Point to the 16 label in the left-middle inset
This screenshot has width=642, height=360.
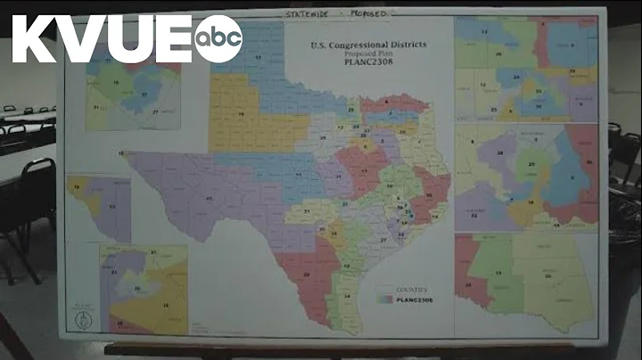(x=76, y=187)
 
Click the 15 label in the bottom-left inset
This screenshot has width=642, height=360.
(x=165, y=304)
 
